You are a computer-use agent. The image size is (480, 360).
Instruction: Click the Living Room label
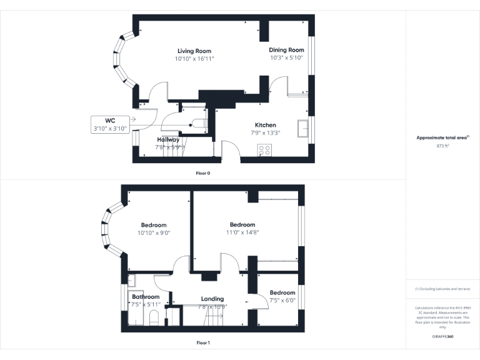[194, 51]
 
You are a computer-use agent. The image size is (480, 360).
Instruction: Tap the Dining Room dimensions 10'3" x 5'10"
[286, 57]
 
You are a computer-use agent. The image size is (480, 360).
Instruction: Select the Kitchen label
[265, 125]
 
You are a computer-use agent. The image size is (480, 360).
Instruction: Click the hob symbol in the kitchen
[264, 150]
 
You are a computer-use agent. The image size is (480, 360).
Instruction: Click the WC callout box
[110, 124]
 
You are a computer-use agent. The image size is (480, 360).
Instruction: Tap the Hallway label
[168, 140]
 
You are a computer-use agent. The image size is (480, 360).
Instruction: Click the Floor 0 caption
[203, 173]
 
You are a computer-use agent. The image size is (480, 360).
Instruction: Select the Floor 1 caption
[203, 342]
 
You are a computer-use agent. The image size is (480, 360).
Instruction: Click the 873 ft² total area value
[442, 145]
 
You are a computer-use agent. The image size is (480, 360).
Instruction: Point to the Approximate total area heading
[442, 137]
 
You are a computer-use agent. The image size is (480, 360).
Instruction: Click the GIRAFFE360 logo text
[442, 336]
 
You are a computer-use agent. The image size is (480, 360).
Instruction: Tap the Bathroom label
[146, 297]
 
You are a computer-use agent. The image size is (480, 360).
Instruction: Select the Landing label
[212, 299]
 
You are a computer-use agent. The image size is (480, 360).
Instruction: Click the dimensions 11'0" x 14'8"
[242, 232]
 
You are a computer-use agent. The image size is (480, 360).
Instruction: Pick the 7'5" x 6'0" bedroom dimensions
[282, 301]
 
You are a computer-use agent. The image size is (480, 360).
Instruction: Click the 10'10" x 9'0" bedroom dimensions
[154, 232]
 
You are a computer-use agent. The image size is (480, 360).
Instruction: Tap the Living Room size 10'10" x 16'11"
[194, 59]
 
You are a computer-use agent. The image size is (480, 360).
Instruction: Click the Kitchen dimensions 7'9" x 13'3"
[265, 132]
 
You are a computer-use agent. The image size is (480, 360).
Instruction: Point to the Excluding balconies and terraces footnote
[442, 289]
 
